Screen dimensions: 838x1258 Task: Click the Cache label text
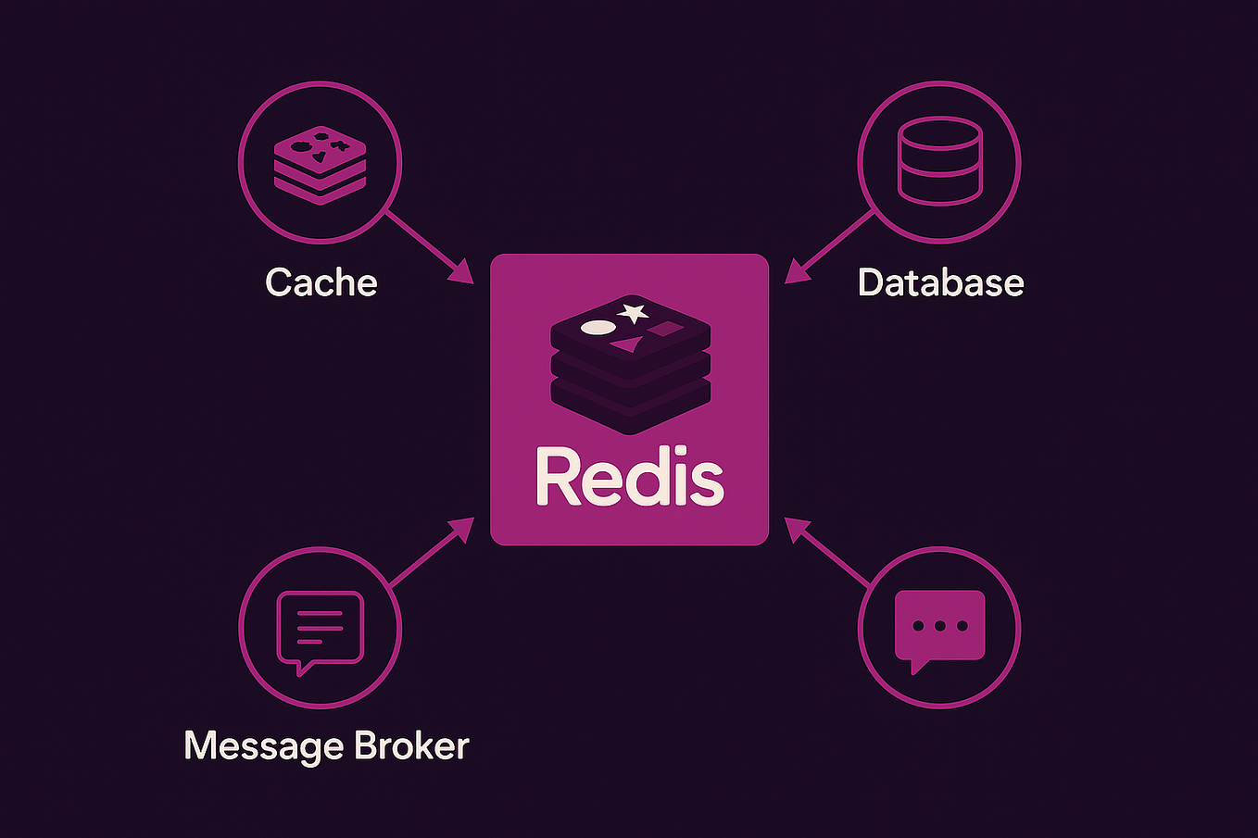coord(321,282)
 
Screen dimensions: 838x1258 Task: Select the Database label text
coord(940,282)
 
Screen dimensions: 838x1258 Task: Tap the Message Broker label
coord(326,745)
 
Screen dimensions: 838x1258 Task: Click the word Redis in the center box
coord(629,478)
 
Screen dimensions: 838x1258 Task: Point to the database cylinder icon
coord(938,160)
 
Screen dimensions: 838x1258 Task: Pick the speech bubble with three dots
coord(938,627)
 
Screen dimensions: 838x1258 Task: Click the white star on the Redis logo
coord(634,313)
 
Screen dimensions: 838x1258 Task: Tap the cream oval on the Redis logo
coord(598,327)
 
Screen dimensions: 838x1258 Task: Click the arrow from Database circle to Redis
coord(831,245)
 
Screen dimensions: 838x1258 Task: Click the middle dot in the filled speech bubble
coord(939,626)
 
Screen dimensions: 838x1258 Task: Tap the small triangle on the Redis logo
coord(628,345)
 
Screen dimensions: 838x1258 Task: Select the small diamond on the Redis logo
coord(664,329)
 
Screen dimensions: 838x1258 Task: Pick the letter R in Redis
coord(558,478)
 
